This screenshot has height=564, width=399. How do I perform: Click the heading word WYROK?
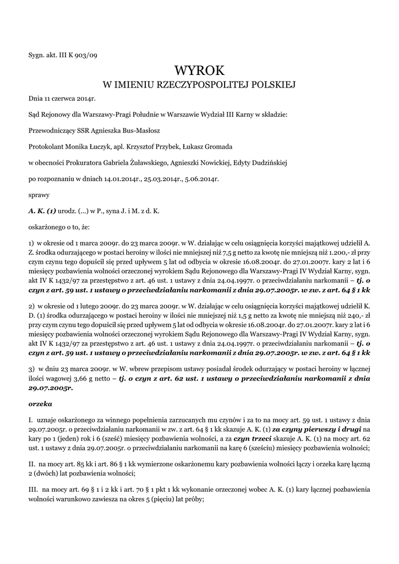pyautogui.click(x=199, y=70)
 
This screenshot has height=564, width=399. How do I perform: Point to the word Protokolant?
pyautogui.click(x=46, y=147)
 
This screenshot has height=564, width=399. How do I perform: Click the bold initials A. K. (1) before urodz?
pyautogui.click(x=42, y=211)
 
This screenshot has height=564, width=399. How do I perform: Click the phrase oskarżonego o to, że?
pyautogui.click(x=54, y=226)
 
